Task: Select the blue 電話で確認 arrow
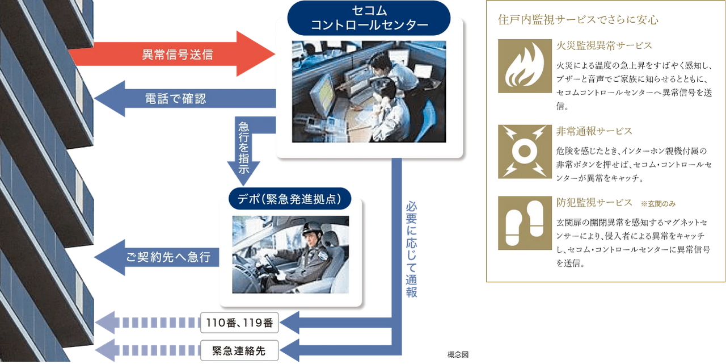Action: pyautogui.click(x=181, y=99)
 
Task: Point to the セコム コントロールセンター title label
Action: pyautogui.click(x=369, y=18)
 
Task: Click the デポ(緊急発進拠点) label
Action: pyautogui.click(x=290, y=199)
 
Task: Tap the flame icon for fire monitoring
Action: pyautogui.click(x=525, y=66)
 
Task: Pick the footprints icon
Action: pyautogui.click(x=525, y=223)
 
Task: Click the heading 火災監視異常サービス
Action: pyautogui.click(x=605, y=45)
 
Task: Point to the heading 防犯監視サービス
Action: pyautogui.click(x=594, y=202)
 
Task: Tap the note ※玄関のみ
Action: pyautogui.click(x=659, y=203)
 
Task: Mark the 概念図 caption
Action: pyautogui.click(x=458, y=355)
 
